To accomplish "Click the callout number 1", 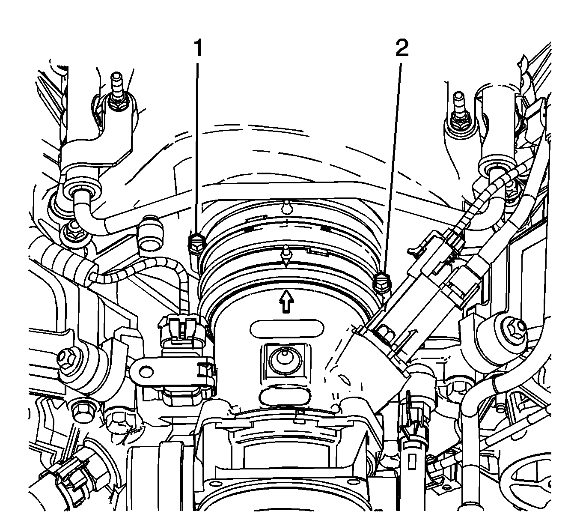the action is pyautogui.click(x=198, y=48).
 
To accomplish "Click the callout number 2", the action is pyautogui.click(x=402, y=48).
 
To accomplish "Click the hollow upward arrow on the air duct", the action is pyautogui.click(x=286, y=301).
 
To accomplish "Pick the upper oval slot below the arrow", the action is pyautogui.click(x=286, y=328).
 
